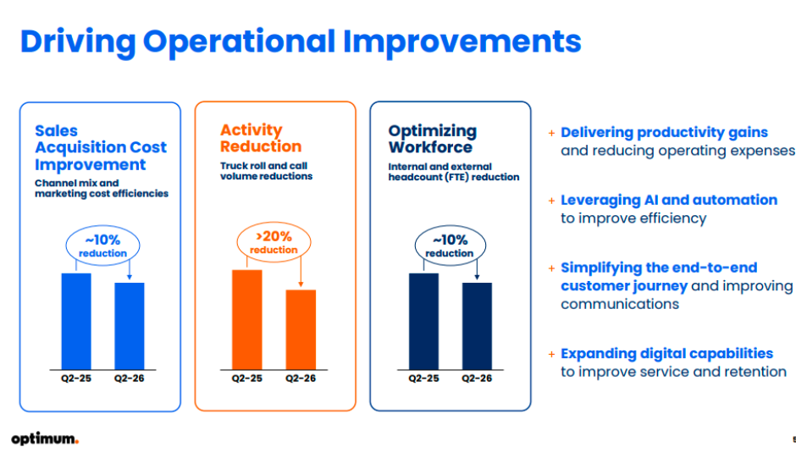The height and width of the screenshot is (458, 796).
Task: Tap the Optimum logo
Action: click(x=45, y=439)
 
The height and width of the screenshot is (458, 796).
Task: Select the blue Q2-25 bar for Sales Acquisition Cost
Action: click(x=76, y=322)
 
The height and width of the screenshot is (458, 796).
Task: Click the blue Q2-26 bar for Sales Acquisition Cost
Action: click(x=130, y=326)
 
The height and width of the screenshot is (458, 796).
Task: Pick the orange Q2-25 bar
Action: click(x=247, y=319)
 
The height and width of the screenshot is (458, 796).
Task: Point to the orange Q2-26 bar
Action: click(x=301, y=329)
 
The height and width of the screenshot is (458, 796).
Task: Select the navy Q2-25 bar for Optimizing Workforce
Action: click(x=424, y=322)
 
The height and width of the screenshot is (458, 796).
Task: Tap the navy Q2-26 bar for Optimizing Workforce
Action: click(x=477, y=326)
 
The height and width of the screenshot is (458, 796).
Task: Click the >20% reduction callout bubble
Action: click(x=274, y=242)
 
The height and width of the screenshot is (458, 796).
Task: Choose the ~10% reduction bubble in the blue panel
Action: click(x=102, y=246)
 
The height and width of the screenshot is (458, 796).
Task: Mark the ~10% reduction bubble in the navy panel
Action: click(x=450, y=246)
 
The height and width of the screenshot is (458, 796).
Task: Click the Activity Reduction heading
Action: click(x=261, y=138)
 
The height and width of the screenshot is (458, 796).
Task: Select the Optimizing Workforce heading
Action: click(x=433, y=139)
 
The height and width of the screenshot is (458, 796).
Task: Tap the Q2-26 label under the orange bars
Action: click(x=301, y=378)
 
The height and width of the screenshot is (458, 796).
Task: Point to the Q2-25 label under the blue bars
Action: click(x=76, y=378)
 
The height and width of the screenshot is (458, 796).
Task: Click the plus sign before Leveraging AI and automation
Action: click(x=551, y=201)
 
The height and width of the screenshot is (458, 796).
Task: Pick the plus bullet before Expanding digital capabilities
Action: click(x=551, y=354)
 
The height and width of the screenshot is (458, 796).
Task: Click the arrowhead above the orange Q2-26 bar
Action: click(x=301, y=284)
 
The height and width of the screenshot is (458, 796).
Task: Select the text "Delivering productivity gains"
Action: click(x=664, y=133)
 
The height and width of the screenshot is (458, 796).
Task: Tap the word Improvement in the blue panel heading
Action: click(x=91, y=165)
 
